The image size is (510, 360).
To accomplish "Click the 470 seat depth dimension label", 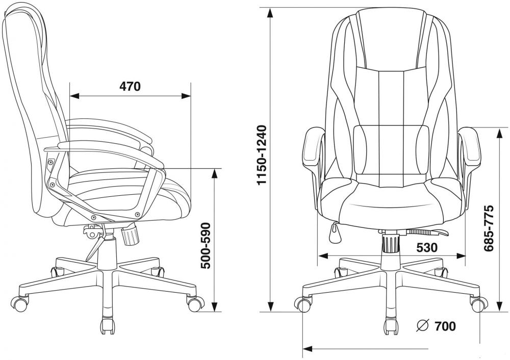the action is click(130, 86).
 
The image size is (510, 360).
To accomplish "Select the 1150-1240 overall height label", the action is click(262, 155).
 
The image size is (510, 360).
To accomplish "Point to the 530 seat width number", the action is click(427, 248).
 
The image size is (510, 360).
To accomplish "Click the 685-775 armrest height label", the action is click(489, 228).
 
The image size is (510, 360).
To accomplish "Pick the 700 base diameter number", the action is click(445, 326).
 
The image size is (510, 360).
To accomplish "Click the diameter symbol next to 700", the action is click(423, 326).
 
